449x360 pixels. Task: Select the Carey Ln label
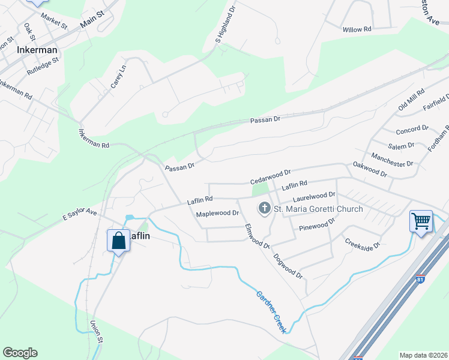pos(118,77)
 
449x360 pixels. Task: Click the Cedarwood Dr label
pos(270,176)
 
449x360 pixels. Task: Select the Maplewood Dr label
pos(217,213)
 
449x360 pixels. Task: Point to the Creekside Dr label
pos(363,246)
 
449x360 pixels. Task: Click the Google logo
pos(20,353)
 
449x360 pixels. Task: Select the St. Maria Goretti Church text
pos(319,209)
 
